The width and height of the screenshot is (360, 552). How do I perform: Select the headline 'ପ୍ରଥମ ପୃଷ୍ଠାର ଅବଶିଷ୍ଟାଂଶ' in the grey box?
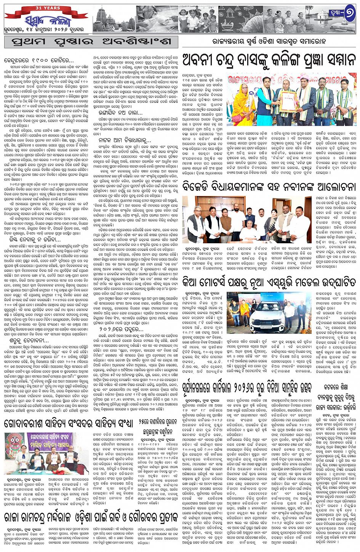91,42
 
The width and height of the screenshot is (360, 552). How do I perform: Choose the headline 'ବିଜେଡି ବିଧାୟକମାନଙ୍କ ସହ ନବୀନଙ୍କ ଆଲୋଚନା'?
269,187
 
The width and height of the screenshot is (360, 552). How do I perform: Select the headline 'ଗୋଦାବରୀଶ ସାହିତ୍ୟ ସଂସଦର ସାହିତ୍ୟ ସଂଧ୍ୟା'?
69,424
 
